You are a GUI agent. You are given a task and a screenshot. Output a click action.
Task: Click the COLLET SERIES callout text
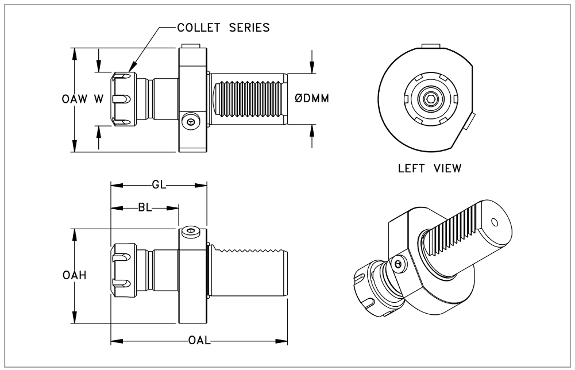(x=223, y=28)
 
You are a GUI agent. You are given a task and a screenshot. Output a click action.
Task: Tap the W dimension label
(x=99, y=99)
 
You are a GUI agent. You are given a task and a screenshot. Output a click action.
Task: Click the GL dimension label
(x=159, y=185)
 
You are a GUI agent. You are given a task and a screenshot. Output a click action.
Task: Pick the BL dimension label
(x=145, y=208)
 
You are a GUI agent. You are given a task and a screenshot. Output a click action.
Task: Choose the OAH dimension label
(x=75, y=276)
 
